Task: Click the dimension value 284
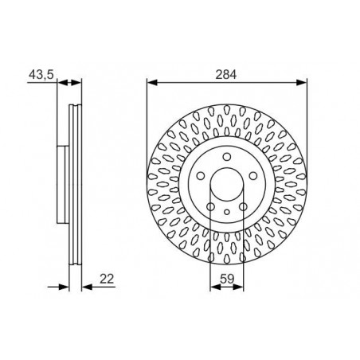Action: click(x=225, y=75)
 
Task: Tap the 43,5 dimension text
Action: click(x=41, y=75)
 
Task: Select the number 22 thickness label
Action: click(x=107, y=279)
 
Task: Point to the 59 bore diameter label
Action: click(x=227, y=279)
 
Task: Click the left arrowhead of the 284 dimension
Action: click(x=152, y=83)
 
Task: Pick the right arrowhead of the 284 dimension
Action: click(x=302, y=83)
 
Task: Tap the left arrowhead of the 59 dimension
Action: click(x=215, y=287)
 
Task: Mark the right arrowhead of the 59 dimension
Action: click(x=238, y=287)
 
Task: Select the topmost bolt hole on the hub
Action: click(x=227, y=157)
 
